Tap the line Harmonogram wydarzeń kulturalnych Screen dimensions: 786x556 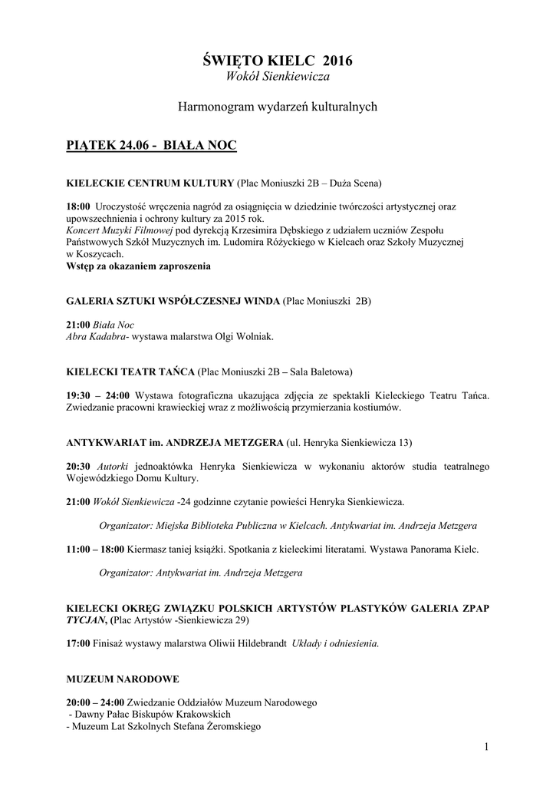278,107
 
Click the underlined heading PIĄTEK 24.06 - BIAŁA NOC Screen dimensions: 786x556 151,145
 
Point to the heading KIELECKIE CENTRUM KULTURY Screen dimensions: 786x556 150,183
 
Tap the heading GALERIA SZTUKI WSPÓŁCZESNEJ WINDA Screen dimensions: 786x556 174,302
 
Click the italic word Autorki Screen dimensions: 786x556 113,467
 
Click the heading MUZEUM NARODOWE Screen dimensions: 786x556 113,679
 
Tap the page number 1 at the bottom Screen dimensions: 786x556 487,747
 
